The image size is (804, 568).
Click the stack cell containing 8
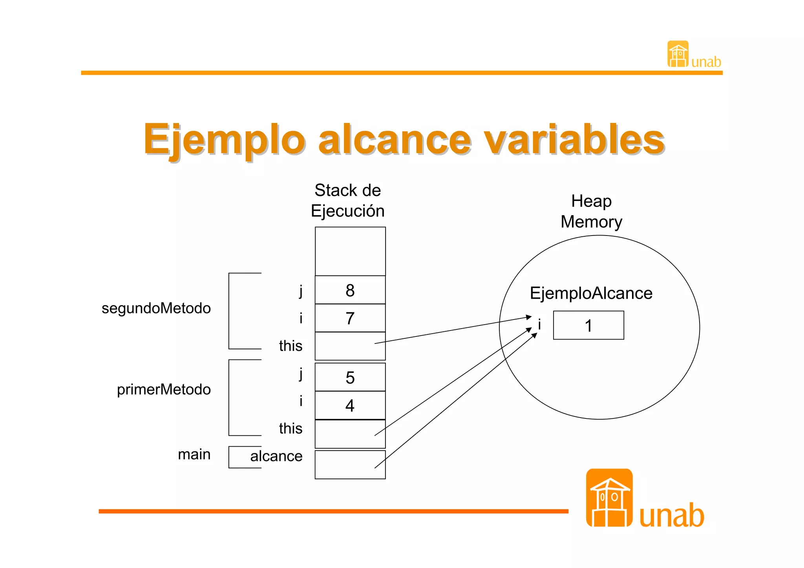350,290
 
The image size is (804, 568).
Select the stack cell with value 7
350,318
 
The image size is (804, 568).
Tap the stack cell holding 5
350,377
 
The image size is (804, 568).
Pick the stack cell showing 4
350,405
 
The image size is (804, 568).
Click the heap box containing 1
588,325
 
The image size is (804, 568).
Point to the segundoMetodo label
156,308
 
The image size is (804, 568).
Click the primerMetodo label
164,389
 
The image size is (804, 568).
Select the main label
194,454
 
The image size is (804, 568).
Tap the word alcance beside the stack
276,456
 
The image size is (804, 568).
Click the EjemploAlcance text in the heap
591,293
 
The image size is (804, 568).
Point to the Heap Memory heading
591,212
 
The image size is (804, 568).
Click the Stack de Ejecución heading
347,201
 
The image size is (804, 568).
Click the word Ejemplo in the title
224,139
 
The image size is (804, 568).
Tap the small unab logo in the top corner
693,55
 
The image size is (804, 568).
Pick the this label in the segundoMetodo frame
291,346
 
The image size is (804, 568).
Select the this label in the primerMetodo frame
291,428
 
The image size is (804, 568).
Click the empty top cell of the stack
350,251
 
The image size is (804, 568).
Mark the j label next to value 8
301,291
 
